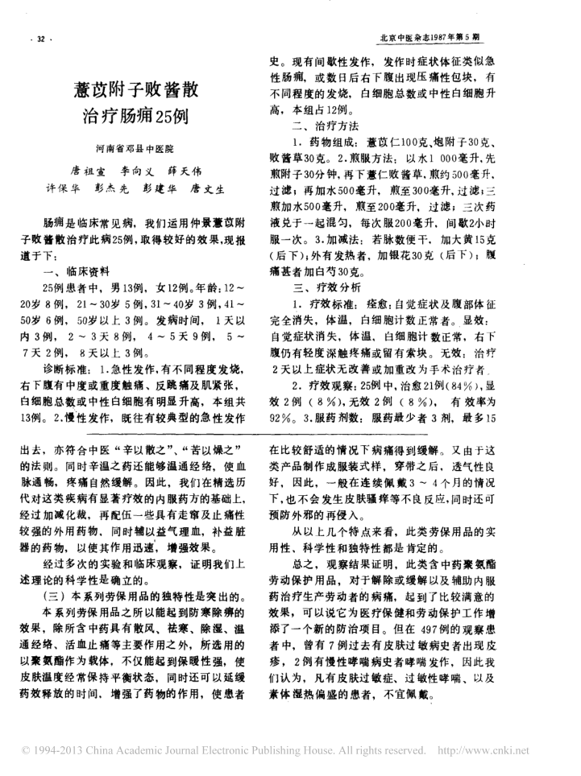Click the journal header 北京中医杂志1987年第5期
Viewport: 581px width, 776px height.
point(431,38)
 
